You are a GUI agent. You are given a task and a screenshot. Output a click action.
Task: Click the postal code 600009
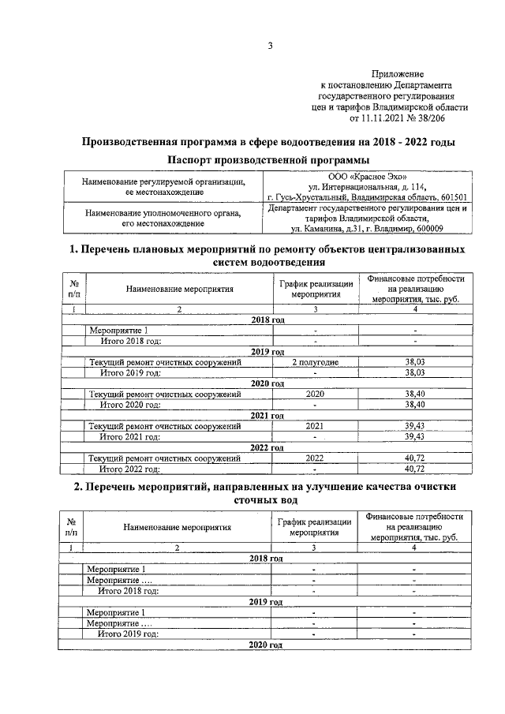point(424,229)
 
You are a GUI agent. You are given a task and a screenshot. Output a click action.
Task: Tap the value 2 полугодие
point(315,361)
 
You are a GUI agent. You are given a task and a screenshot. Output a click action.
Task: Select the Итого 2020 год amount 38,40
point(414,404)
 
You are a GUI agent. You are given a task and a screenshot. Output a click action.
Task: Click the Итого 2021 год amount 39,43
point(414,436)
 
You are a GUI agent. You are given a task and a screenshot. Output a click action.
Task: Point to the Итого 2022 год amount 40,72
point(414,469)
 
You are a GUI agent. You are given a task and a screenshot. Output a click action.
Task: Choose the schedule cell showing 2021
point(315,426)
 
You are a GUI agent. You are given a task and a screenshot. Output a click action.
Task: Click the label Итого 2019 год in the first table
point(130,372)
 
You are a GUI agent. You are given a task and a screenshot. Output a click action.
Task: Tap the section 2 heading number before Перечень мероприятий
point(77,488)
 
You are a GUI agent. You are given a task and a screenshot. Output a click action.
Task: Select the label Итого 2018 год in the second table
point(128,590)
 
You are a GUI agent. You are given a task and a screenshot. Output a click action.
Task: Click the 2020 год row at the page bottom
point(265,645)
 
